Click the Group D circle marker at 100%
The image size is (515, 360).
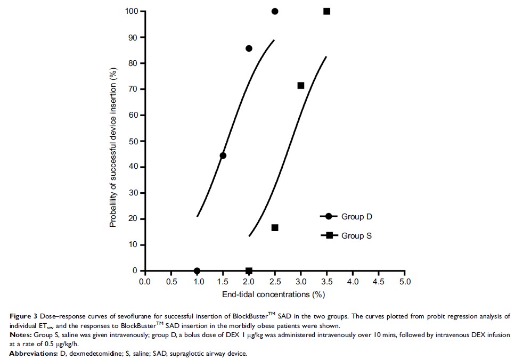(x=275, y=11)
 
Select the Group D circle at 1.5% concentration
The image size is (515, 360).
(x=223, y=156)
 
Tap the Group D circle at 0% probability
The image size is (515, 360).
(x=197, y=271)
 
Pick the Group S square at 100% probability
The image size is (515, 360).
(x=327, y=11)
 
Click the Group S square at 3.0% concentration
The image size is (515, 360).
(x=301, y=85)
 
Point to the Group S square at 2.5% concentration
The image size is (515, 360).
(x=275, y=227)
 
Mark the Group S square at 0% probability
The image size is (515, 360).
(x=249, y=271)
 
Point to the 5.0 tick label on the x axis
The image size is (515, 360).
(x=405, y=281)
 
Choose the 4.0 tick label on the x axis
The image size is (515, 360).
(x=353, y=281)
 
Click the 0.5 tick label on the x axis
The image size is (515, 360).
(x=171, y=281)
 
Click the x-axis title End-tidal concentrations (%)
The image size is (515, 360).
(x=275, y=294)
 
